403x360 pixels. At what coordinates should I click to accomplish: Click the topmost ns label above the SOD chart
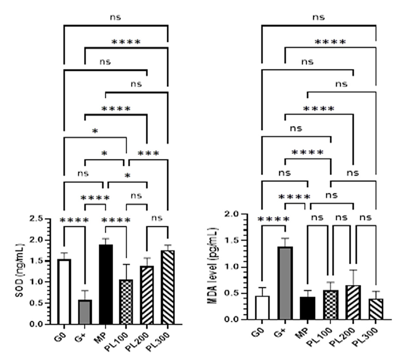tap(115, 18)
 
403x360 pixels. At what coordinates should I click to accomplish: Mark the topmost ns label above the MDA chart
tap(318, 17)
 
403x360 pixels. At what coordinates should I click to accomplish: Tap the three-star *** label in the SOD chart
tap(148, 154)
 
